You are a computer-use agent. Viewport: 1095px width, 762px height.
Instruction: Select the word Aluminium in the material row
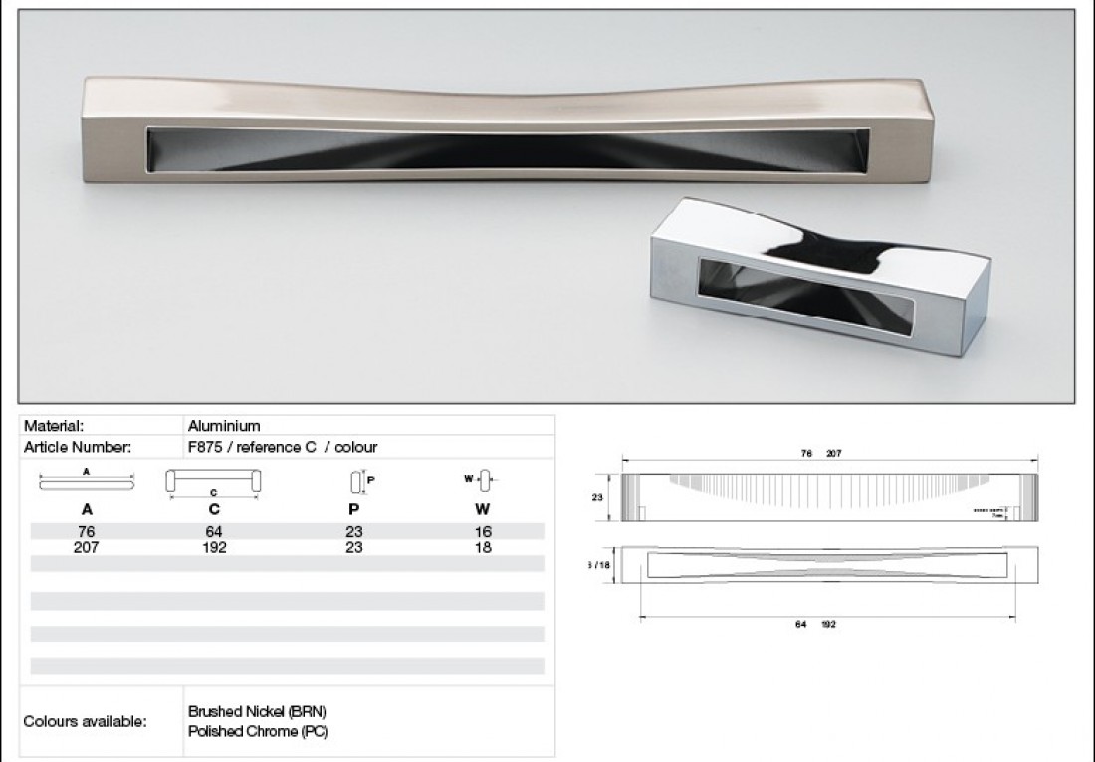point(224,426)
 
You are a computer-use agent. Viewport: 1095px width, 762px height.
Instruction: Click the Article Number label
point(77,447)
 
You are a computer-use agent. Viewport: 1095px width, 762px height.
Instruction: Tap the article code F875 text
point(205,447)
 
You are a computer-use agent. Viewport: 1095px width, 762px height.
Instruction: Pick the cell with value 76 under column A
point(86,532)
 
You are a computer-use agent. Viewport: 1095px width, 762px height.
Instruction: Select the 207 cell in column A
point(86,547)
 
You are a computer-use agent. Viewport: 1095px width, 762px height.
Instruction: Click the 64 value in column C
point(214,532)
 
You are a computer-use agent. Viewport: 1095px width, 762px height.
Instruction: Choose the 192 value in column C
point(214,547)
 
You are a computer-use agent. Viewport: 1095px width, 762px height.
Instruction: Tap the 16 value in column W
point(483,532)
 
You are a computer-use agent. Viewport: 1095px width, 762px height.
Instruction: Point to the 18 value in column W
point(483,547)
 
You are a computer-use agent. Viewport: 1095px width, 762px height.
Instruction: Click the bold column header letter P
point(353,509)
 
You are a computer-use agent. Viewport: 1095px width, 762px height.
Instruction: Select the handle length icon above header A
point(87,481)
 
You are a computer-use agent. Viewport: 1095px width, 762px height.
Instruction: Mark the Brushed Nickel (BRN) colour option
point(257,712)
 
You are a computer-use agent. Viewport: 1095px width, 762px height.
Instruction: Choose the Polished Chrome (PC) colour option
point(258,731)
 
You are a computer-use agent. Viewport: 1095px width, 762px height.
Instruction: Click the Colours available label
point(85,721)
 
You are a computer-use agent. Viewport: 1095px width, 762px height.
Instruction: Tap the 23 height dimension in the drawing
point(597,496)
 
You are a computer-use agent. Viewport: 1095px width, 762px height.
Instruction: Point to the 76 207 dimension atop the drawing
point(820,453)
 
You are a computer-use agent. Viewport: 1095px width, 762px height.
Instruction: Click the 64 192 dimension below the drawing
point(815,624)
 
